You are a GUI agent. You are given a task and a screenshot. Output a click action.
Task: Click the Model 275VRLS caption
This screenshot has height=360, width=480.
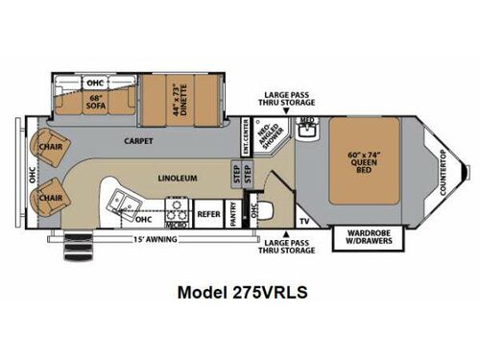239,292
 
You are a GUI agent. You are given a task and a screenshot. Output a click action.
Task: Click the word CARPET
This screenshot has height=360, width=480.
138,141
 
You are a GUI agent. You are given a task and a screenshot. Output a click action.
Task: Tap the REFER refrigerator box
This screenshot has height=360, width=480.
209,216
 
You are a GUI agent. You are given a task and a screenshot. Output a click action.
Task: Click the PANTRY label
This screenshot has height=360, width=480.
233,216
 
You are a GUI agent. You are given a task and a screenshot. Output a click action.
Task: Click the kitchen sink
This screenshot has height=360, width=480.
125,201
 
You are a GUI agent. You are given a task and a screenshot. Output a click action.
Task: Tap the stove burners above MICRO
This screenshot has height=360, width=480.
176,204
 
